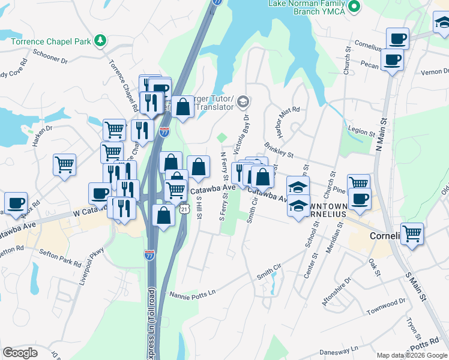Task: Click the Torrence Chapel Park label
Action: coord(50,41)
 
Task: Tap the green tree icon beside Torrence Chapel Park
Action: coord(101,41)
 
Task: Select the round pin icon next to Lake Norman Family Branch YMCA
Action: coord(354,7)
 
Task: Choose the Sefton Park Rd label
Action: coord(61,259)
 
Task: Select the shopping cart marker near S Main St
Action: coord(412,233)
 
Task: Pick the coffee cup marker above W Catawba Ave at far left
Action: coord(16,203)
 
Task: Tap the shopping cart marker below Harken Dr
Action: coord(64,164)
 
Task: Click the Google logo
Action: coord(20,353)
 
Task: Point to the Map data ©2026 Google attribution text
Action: coord(411,355)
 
